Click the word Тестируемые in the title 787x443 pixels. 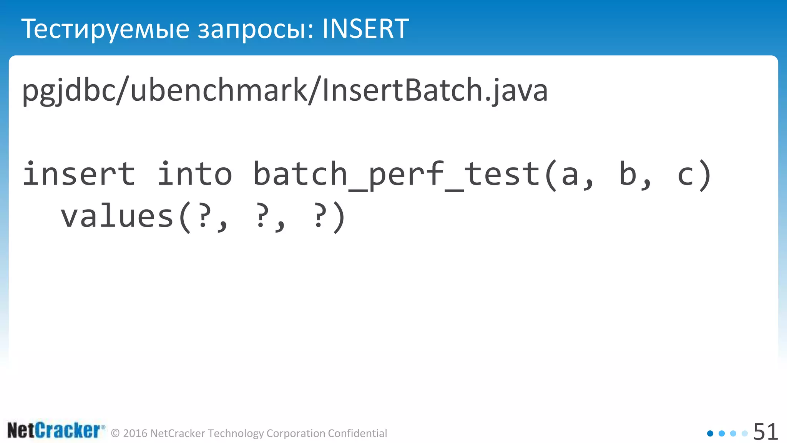click(105, 29)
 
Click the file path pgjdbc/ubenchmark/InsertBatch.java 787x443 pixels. click(285, 90)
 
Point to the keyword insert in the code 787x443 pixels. click(79, 174)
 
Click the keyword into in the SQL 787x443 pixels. click(195, 174)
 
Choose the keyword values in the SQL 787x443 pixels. click(117, 216)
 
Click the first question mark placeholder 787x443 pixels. click(204, 216)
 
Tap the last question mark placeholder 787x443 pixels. click(319, 216)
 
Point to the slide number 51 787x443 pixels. click(765, 431)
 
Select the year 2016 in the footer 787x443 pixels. click(135, 433)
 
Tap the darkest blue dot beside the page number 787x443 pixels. click(710, 433)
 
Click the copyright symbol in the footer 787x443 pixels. click(115, 433)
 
